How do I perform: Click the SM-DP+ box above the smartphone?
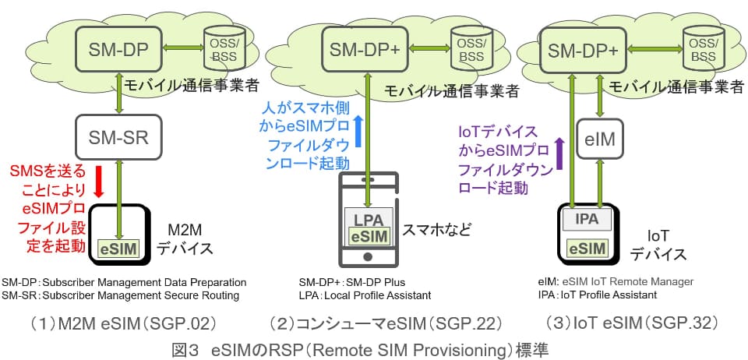tap(365, 49)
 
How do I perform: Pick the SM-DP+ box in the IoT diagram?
tap(583, 50)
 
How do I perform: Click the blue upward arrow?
tap(358, 130)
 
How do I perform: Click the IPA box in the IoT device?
tap(587, 219)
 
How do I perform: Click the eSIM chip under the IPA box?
tap(587, 248)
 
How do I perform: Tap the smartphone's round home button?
tap(369, 255)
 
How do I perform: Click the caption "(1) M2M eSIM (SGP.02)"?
tap(120, 322)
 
